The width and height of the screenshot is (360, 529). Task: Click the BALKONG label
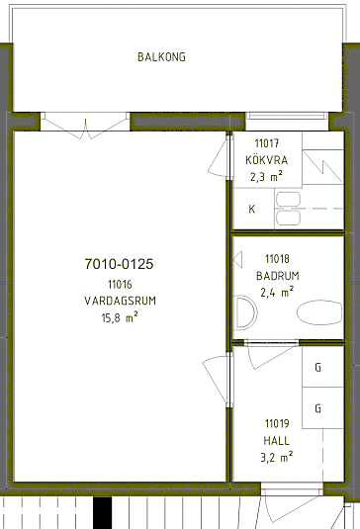pos(161,56)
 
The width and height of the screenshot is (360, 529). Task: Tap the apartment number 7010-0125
pos(119,264)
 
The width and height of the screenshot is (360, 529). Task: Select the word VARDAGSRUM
pos(120,301)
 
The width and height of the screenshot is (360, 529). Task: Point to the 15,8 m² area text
pos(120,317)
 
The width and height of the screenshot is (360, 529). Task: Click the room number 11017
pos(267,143)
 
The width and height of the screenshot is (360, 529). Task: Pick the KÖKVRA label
pos(267,160)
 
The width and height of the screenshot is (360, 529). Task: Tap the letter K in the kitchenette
pos(251,210)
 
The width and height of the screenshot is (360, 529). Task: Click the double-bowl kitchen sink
pos(288,209)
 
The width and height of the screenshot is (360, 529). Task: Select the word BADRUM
pos(278,276)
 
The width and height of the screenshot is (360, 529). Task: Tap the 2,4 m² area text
pos(277,292)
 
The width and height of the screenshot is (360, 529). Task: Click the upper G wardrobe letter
pos(317,367)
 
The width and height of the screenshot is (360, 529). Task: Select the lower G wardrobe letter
pos(317,408)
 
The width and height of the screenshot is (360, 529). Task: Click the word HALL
pos(277,441)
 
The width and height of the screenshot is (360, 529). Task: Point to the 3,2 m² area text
pos(277,457)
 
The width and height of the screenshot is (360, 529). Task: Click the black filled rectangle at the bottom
pos(102,513)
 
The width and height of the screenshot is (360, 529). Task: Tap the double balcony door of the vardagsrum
pos(85,126)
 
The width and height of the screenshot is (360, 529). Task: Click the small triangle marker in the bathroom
pos(237,259)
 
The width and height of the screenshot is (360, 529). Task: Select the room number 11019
pos(277,423)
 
